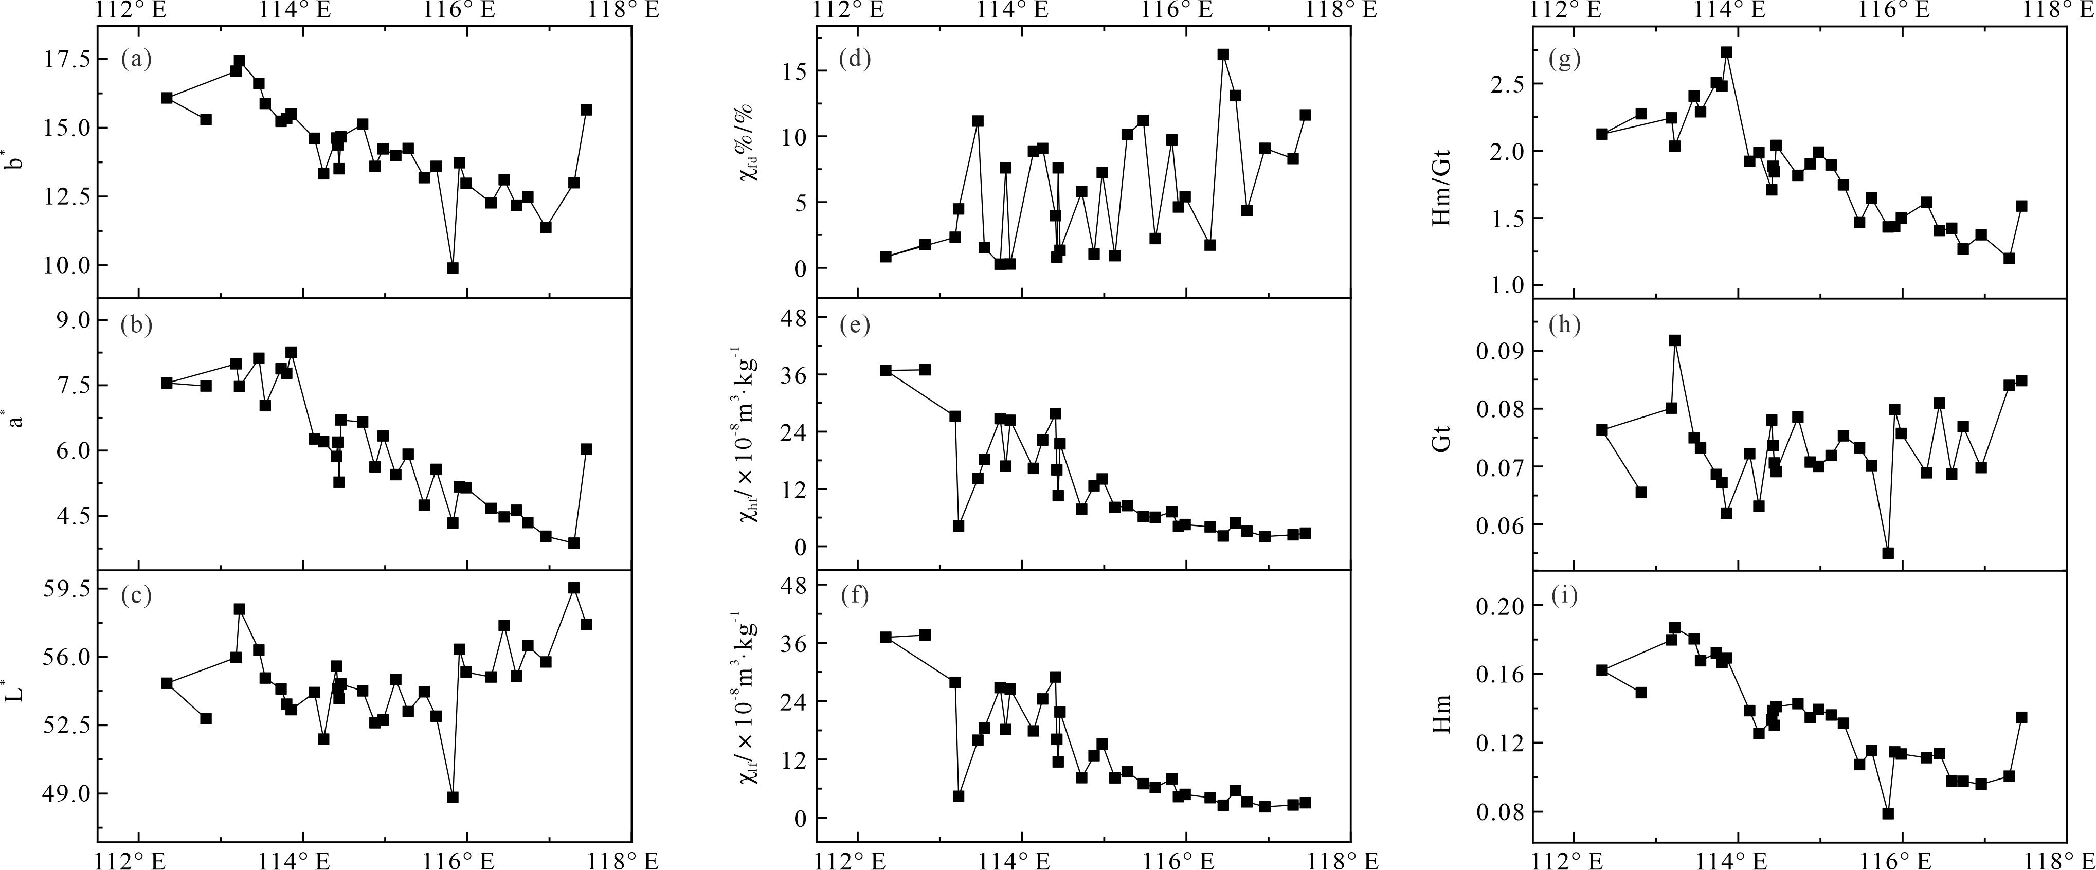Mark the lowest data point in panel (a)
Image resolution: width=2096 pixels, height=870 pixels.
[x=453, y=268]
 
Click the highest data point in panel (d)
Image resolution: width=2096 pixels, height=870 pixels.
[x=1222, y=55]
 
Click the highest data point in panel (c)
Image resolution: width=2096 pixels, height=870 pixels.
[x=574, y=588]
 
